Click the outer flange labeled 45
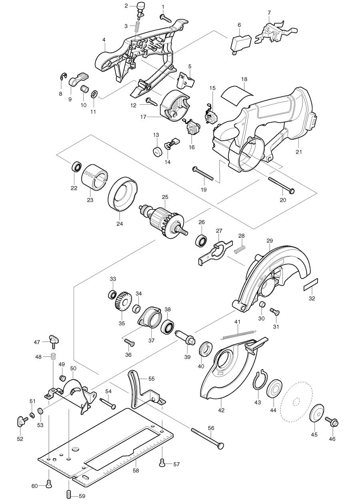pyautogui.click(x=317, y=412)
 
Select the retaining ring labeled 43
pyautogui.click(x=260, y=379)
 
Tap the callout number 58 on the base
pyautogui.click(x=136, y=471)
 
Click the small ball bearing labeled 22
pyautogui.click(x=76, y=167)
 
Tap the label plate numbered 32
pyautogui.click(x=311, y=285)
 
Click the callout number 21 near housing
pyautogui.click(x=299, y=152)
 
